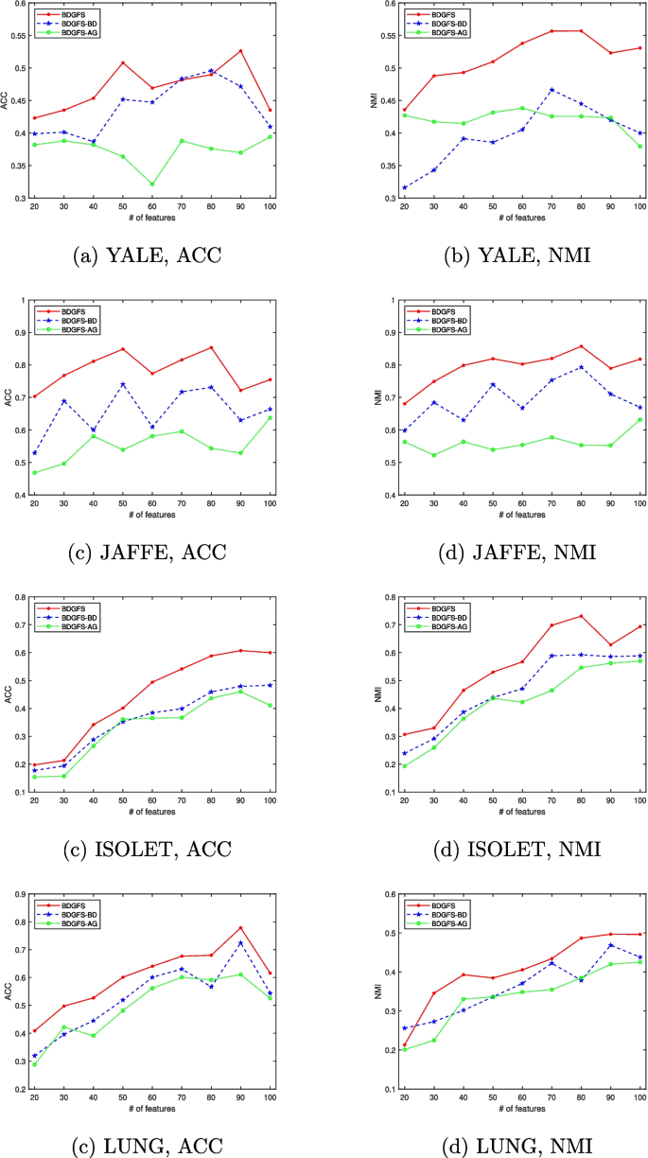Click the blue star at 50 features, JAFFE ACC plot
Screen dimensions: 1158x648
pos(124,384)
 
